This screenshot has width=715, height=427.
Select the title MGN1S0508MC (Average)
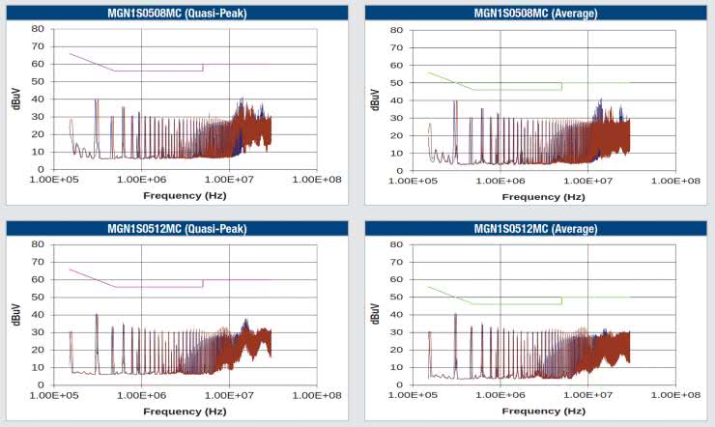[x=535, y=13]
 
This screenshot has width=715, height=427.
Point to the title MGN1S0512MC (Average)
[x=535, y=229]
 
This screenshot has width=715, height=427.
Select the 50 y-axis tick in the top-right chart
[x=396, y=83]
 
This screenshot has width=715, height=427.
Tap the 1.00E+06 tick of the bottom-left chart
[x=142, y=396]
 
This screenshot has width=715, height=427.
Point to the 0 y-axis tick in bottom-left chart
[x=40, y=385]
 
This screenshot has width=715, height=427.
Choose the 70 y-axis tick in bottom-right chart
[x=396, y=263]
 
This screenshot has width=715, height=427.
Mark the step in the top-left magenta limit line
[x=203, y=67]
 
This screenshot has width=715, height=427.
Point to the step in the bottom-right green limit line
[x=561, y=300]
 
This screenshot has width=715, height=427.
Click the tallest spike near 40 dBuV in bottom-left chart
[x=97, y=315]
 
